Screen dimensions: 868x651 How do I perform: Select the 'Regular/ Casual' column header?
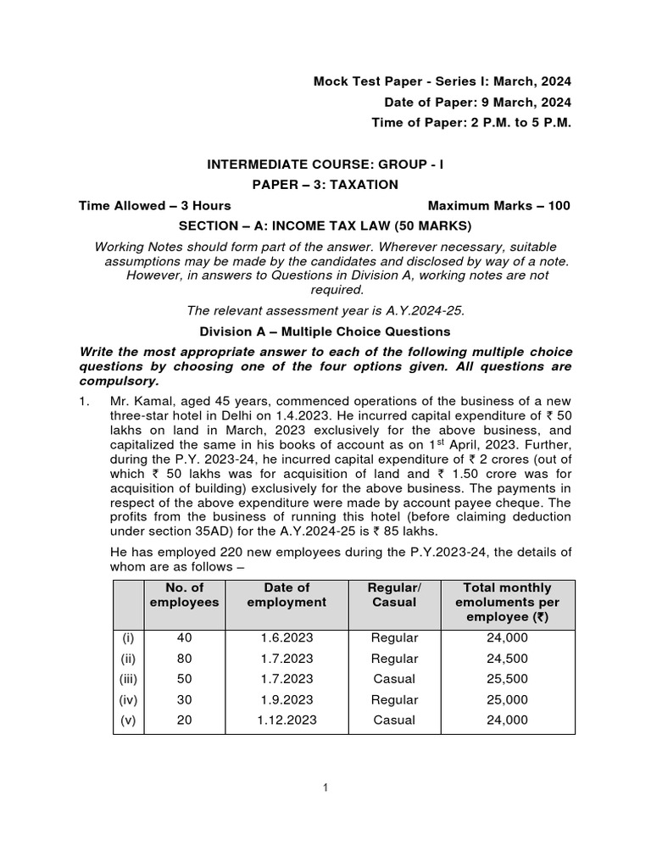[394, 594]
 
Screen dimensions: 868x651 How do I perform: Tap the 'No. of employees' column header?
[184, 594]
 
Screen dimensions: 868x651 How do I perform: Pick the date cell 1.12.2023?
[288, 721]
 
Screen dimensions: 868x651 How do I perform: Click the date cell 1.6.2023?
[288, 638]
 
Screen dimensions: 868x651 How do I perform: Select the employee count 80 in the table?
[184, 659]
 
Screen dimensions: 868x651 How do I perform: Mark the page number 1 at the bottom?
[325, 788]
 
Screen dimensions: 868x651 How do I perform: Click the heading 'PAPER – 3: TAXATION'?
[325, 185]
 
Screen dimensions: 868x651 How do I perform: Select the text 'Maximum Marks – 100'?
[499, 205]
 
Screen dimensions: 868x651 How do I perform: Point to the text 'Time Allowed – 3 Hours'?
[155, 205]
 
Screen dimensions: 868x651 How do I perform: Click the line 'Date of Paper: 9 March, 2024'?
[477, 103]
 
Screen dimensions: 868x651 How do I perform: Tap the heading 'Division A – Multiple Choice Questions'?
[325, 331]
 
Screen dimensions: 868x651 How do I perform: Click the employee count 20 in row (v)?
[184, 721]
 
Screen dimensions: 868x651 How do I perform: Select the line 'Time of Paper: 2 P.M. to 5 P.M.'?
[471, 123]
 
